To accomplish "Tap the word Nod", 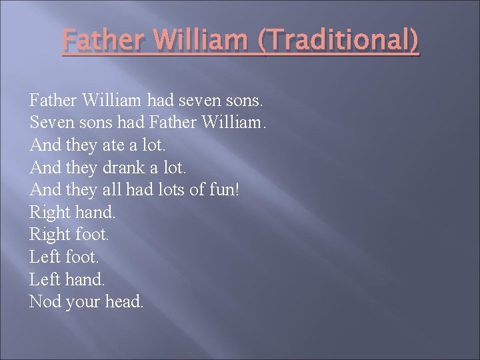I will pos(45,302).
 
